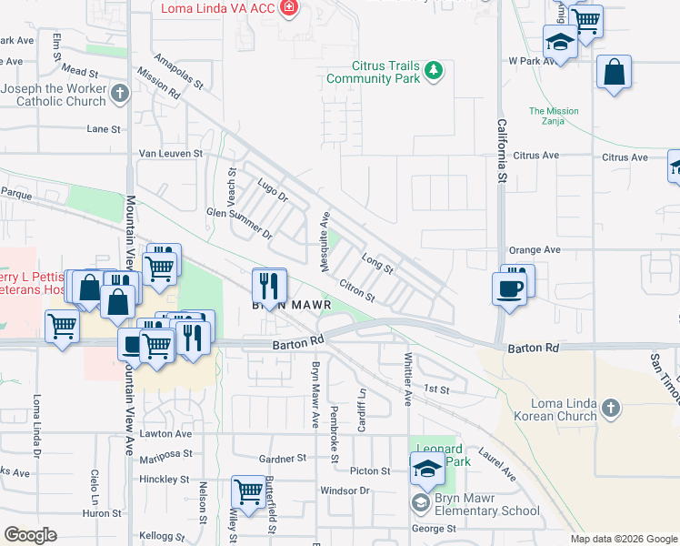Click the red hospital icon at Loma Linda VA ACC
pos(289,8)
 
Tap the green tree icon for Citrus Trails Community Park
pos(435,70)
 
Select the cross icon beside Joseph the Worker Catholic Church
pos(120,92)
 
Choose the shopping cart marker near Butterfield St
pos(247,491)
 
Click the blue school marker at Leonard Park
pos(425,469)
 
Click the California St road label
pos(501,150)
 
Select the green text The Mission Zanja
pos(554,116)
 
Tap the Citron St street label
pos(356,290)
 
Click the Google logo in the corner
pos(31,534)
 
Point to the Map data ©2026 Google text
pos(623,539)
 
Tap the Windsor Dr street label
pos(346,490)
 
